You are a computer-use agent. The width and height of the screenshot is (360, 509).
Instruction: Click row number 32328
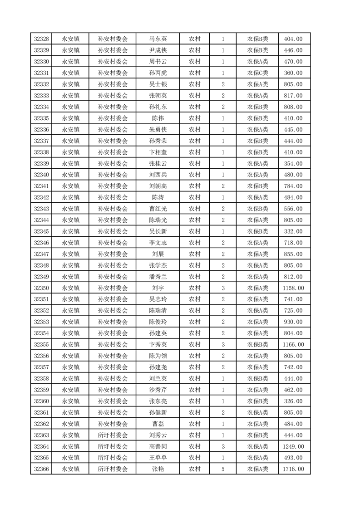pyautogui.click(x=41, y=39)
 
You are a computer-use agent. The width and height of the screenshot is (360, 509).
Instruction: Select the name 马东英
pyautogui.click(x=158, y=39)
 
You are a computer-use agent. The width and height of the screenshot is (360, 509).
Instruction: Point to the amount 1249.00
pyautogui.click(x=293, y=446)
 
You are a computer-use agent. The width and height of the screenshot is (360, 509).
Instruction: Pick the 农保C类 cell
pyautogui.click(x=257, y=73)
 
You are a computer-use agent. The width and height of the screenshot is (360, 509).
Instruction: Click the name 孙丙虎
pyautogui.click(x=158, y=73)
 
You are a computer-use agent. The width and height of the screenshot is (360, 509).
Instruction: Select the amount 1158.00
pyautogui.click(x=293, y=288)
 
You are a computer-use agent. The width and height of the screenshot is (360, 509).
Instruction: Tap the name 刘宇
pyautogui.click(x=158, y=288)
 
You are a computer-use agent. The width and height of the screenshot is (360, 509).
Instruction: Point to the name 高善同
pyautogui.click(x=158, y=446)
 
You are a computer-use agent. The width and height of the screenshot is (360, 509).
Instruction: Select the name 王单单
pyautogui.click(x=158, y=458)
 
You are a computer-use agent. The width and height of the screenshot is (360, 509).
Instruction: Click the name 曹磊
pyautogui.click(x=158, y=424)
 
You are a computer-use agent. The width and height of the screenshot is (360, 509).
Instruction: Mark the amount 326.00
pyautogui.click(x=293, y=401)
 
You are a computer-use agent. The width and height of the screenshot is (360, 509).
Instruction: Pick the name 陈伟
pyautogui.click(x=158, y=118)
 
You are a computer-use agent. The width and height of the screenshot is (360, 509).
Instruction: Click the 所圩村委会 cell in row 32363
pyautogui.click(x=113, y=435)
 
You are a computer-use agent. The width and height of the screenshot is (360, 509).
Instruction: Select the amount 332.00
pyautogui.click(x=293, y=231)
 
